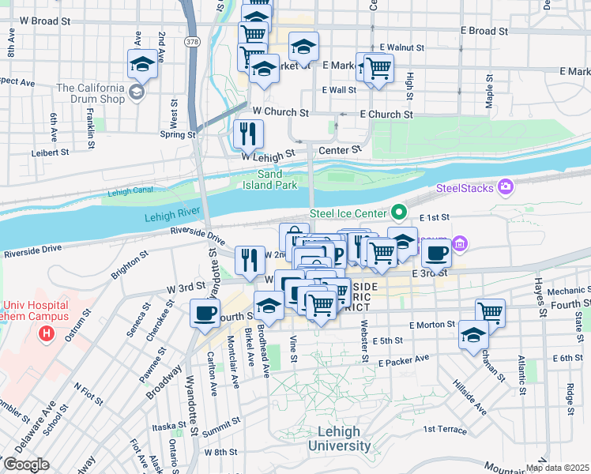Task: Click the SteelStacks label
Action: (x=464, y=189)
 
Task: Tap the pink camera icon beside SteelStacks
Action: (x=504, y=187)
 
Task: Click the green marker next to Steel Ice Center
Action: (x=400, y=213)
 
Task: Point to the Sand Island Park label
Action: (x=277, y=179)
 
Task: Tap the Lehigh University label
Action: (x=339, y=439)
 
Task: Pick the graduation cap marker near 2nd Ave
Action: (x=142, y=64)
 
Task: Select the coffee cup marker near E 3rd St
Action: (x=435, y=253)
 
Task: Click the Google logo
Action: (x=26, y=465)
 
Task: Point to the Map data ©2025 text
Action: (x=557, y=468)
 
